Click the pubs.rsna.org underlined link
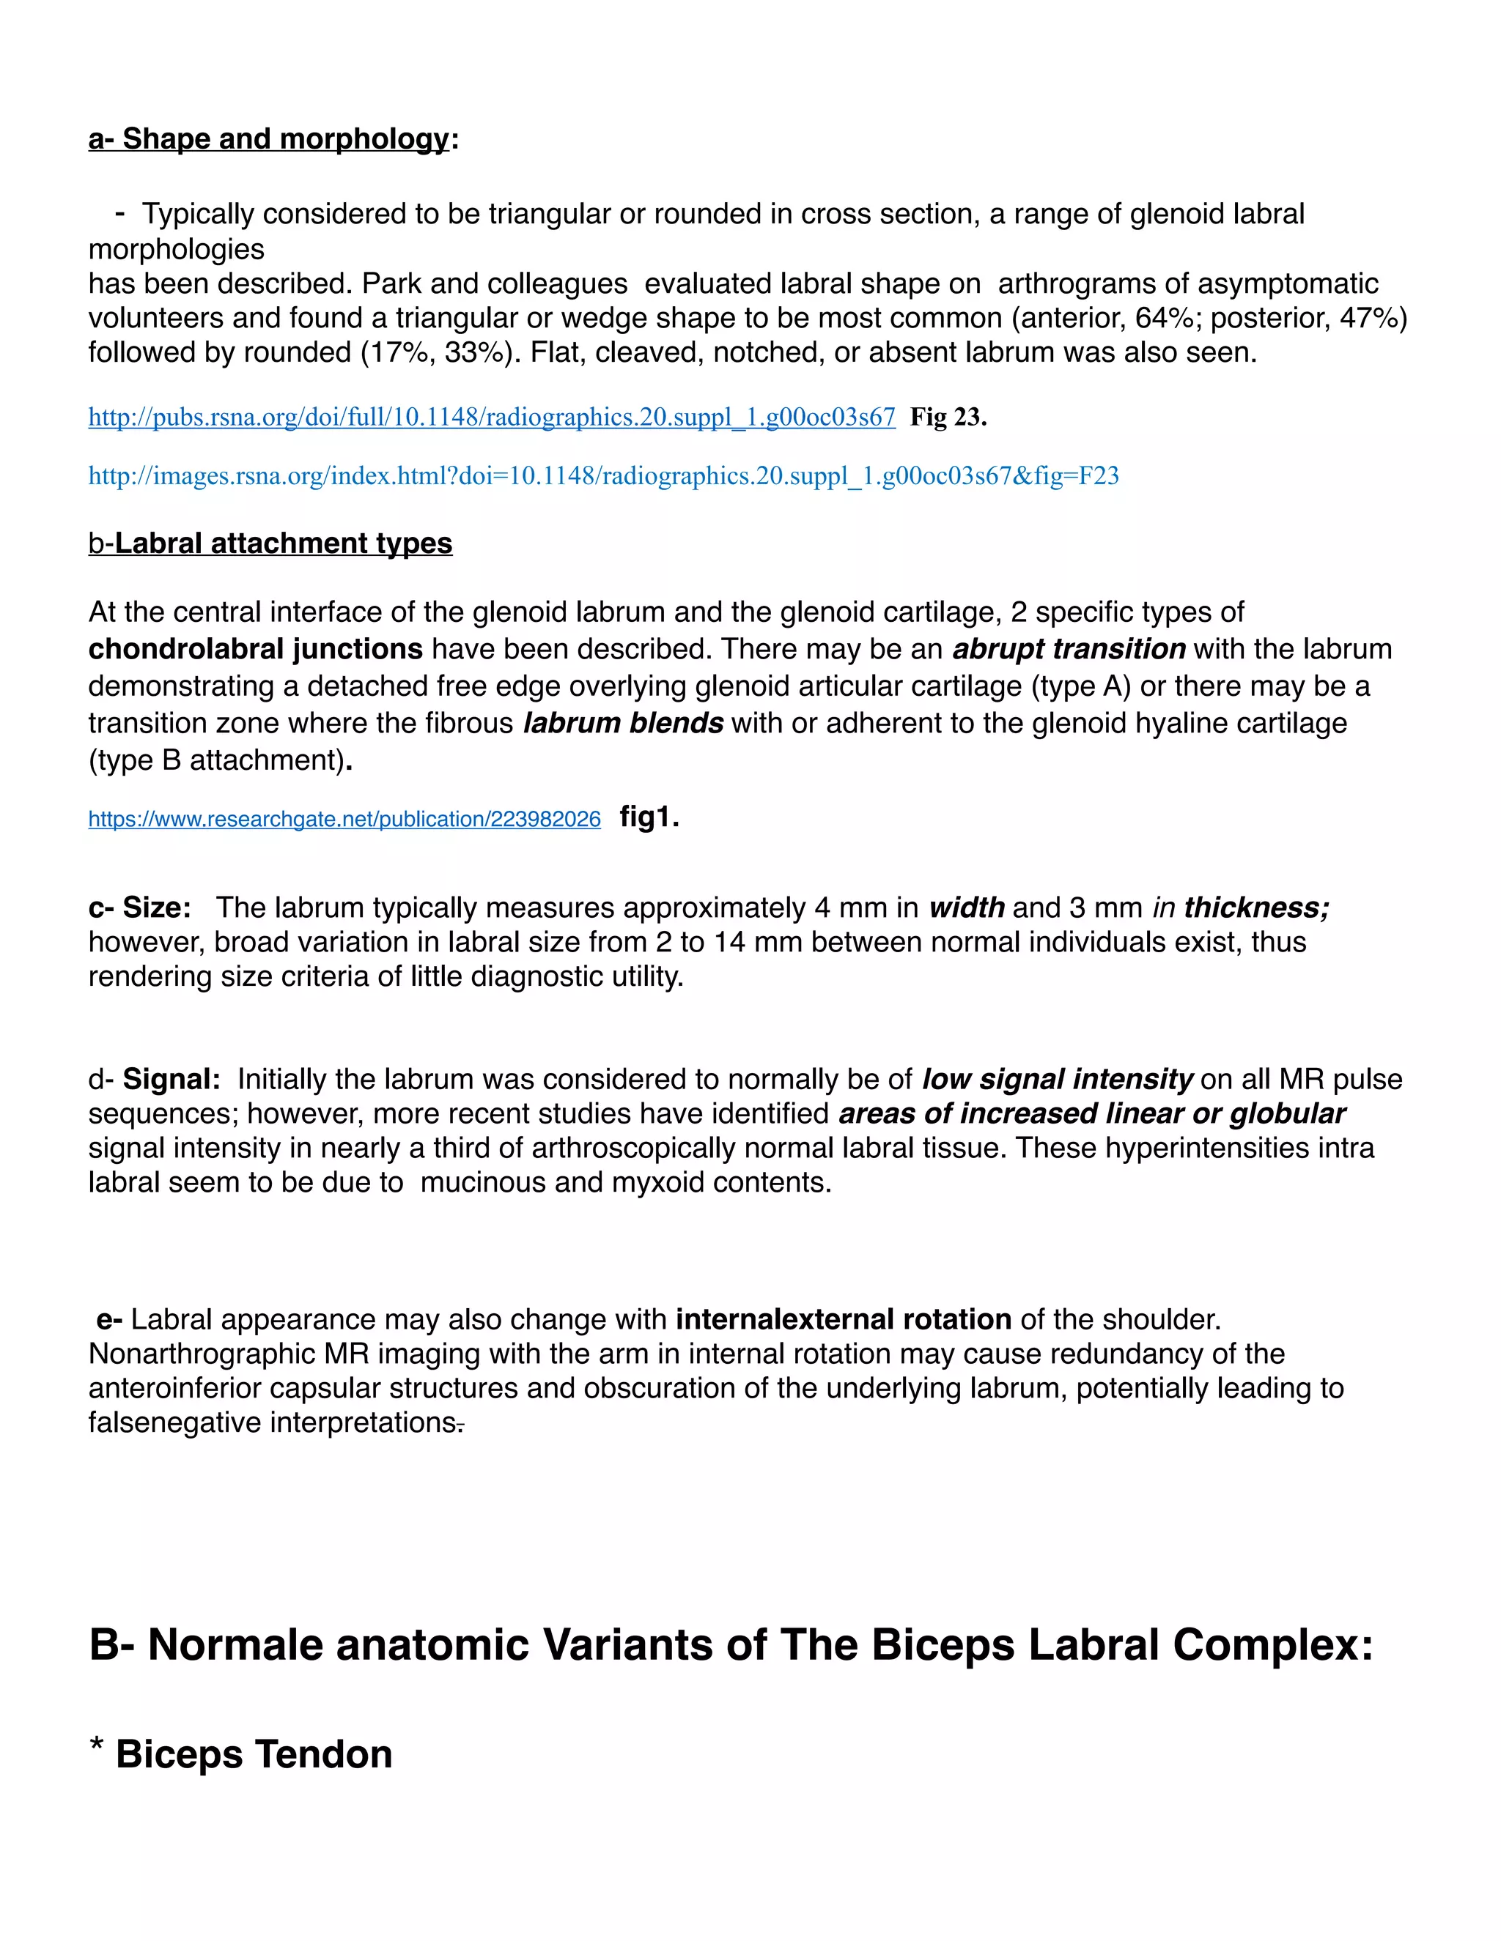click(491, 417)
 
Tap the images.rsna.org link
click(603, 476)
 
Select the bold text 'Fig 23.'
click(948, 417)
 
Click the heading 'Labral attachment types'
click(283, 543)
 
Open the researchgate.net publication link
click(344, 820)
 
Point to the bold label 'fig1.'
click(649, 817)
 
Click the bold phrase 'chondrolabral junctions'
click(255, 649)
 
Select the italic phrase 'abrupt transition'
click(1069, 649)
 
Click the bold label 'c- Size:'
click(139, 908)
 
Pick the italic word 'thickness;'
click(1255, 908)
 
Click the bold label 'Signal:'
click(172, 1079)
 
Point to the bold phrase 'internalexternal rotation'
click(843, 1319)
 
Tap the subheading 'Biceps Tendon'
click(254, 1754)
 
